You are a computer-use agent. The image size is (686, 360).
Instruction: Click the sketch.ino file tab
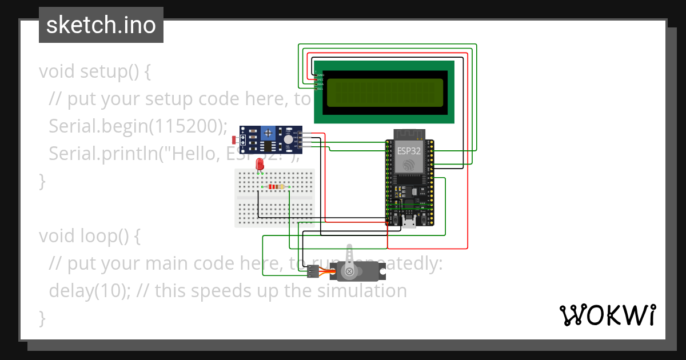(101, 25)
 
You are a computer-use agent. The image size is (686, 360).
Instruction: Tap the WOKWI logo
(607, 315)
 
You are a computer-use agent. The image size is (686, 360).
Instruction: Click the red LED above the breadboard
(260, 163)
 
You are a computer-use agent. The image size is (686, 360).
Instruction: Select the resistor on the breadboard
(276, 187)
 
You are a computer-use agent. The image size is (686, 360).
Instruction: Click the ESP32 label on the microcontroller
(409, 151)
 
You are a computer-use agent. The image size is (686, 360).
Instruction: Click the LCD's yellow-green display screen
(384, 92)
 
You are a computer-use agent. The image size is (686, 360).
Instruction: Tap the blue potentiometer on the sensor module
(267, 133)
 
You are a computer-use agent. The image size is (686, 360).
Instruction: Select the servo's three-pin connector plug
(312, 271)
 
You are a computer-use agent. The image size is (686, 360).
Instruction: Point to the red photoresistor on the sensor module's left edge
(234, 139)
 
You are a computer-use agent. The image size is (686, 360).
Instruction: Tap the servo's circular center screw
(349, 271)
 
